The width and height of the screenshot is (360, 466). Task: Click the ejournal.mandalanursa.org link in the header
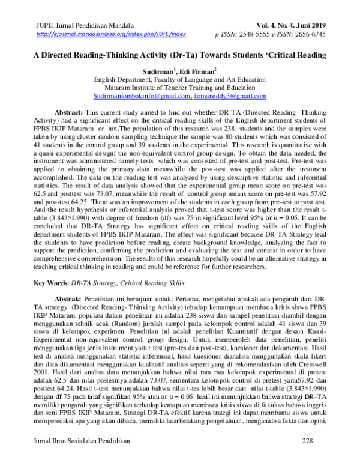112,35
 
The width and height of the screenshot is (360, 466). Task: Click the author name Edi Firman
202,71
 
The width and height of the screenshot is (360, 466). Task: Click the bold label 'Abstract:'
69,112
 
